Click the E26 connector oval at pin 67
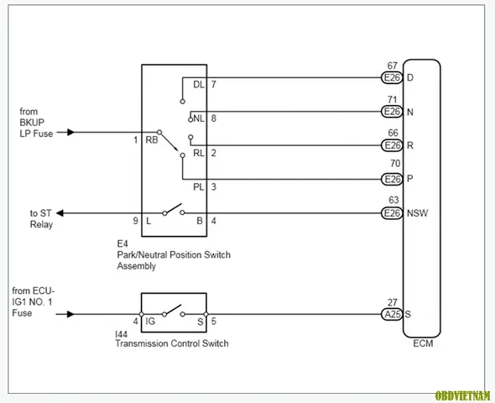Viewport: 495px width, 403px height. tap(392, 78)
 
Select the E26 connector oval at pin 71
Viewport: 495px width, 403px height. tap(392, 112)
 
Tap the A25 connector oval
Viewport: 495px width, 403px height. tap(392, 314)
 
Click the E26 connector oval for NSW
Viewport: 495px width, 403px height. tap(392, 213)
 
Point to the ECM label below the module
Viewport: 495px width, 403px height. tap(423, 343)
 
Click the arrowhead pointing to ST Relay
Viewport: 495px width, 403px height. tap(60, 213)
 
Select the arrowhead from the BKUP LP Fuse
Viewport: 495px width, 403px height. tap(71, 132)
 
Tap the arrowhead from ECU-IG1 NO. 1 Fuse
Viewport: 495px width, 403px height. tap(70, 314)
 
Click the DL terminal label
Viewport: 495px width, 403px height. tap(199, 85)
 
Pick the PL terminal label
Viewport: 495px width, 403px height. tap(199, 187)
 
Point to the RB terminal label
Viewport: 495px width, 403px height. tap(152, 140)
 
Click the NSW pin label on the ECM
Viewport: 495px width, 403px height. tap(417, 213)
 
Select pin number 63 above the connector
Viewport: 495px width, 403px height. tap(393, 200)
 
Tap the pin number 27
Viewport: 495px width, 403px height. tap(393, 302)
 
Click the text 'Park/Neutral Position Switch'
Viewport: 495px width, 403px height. tap(174, 255)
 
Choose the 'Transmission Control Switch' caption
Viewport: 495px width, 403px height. tap(172, 343)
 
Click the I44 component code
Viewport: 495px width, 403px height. tap(121, 334)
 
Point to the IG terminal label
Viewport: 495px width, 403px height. tap(150, 322)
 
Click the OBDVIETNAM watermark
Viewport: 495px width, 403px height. tap(463, 395)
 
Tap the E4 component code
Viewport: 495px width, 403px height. tap(122, 243)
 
